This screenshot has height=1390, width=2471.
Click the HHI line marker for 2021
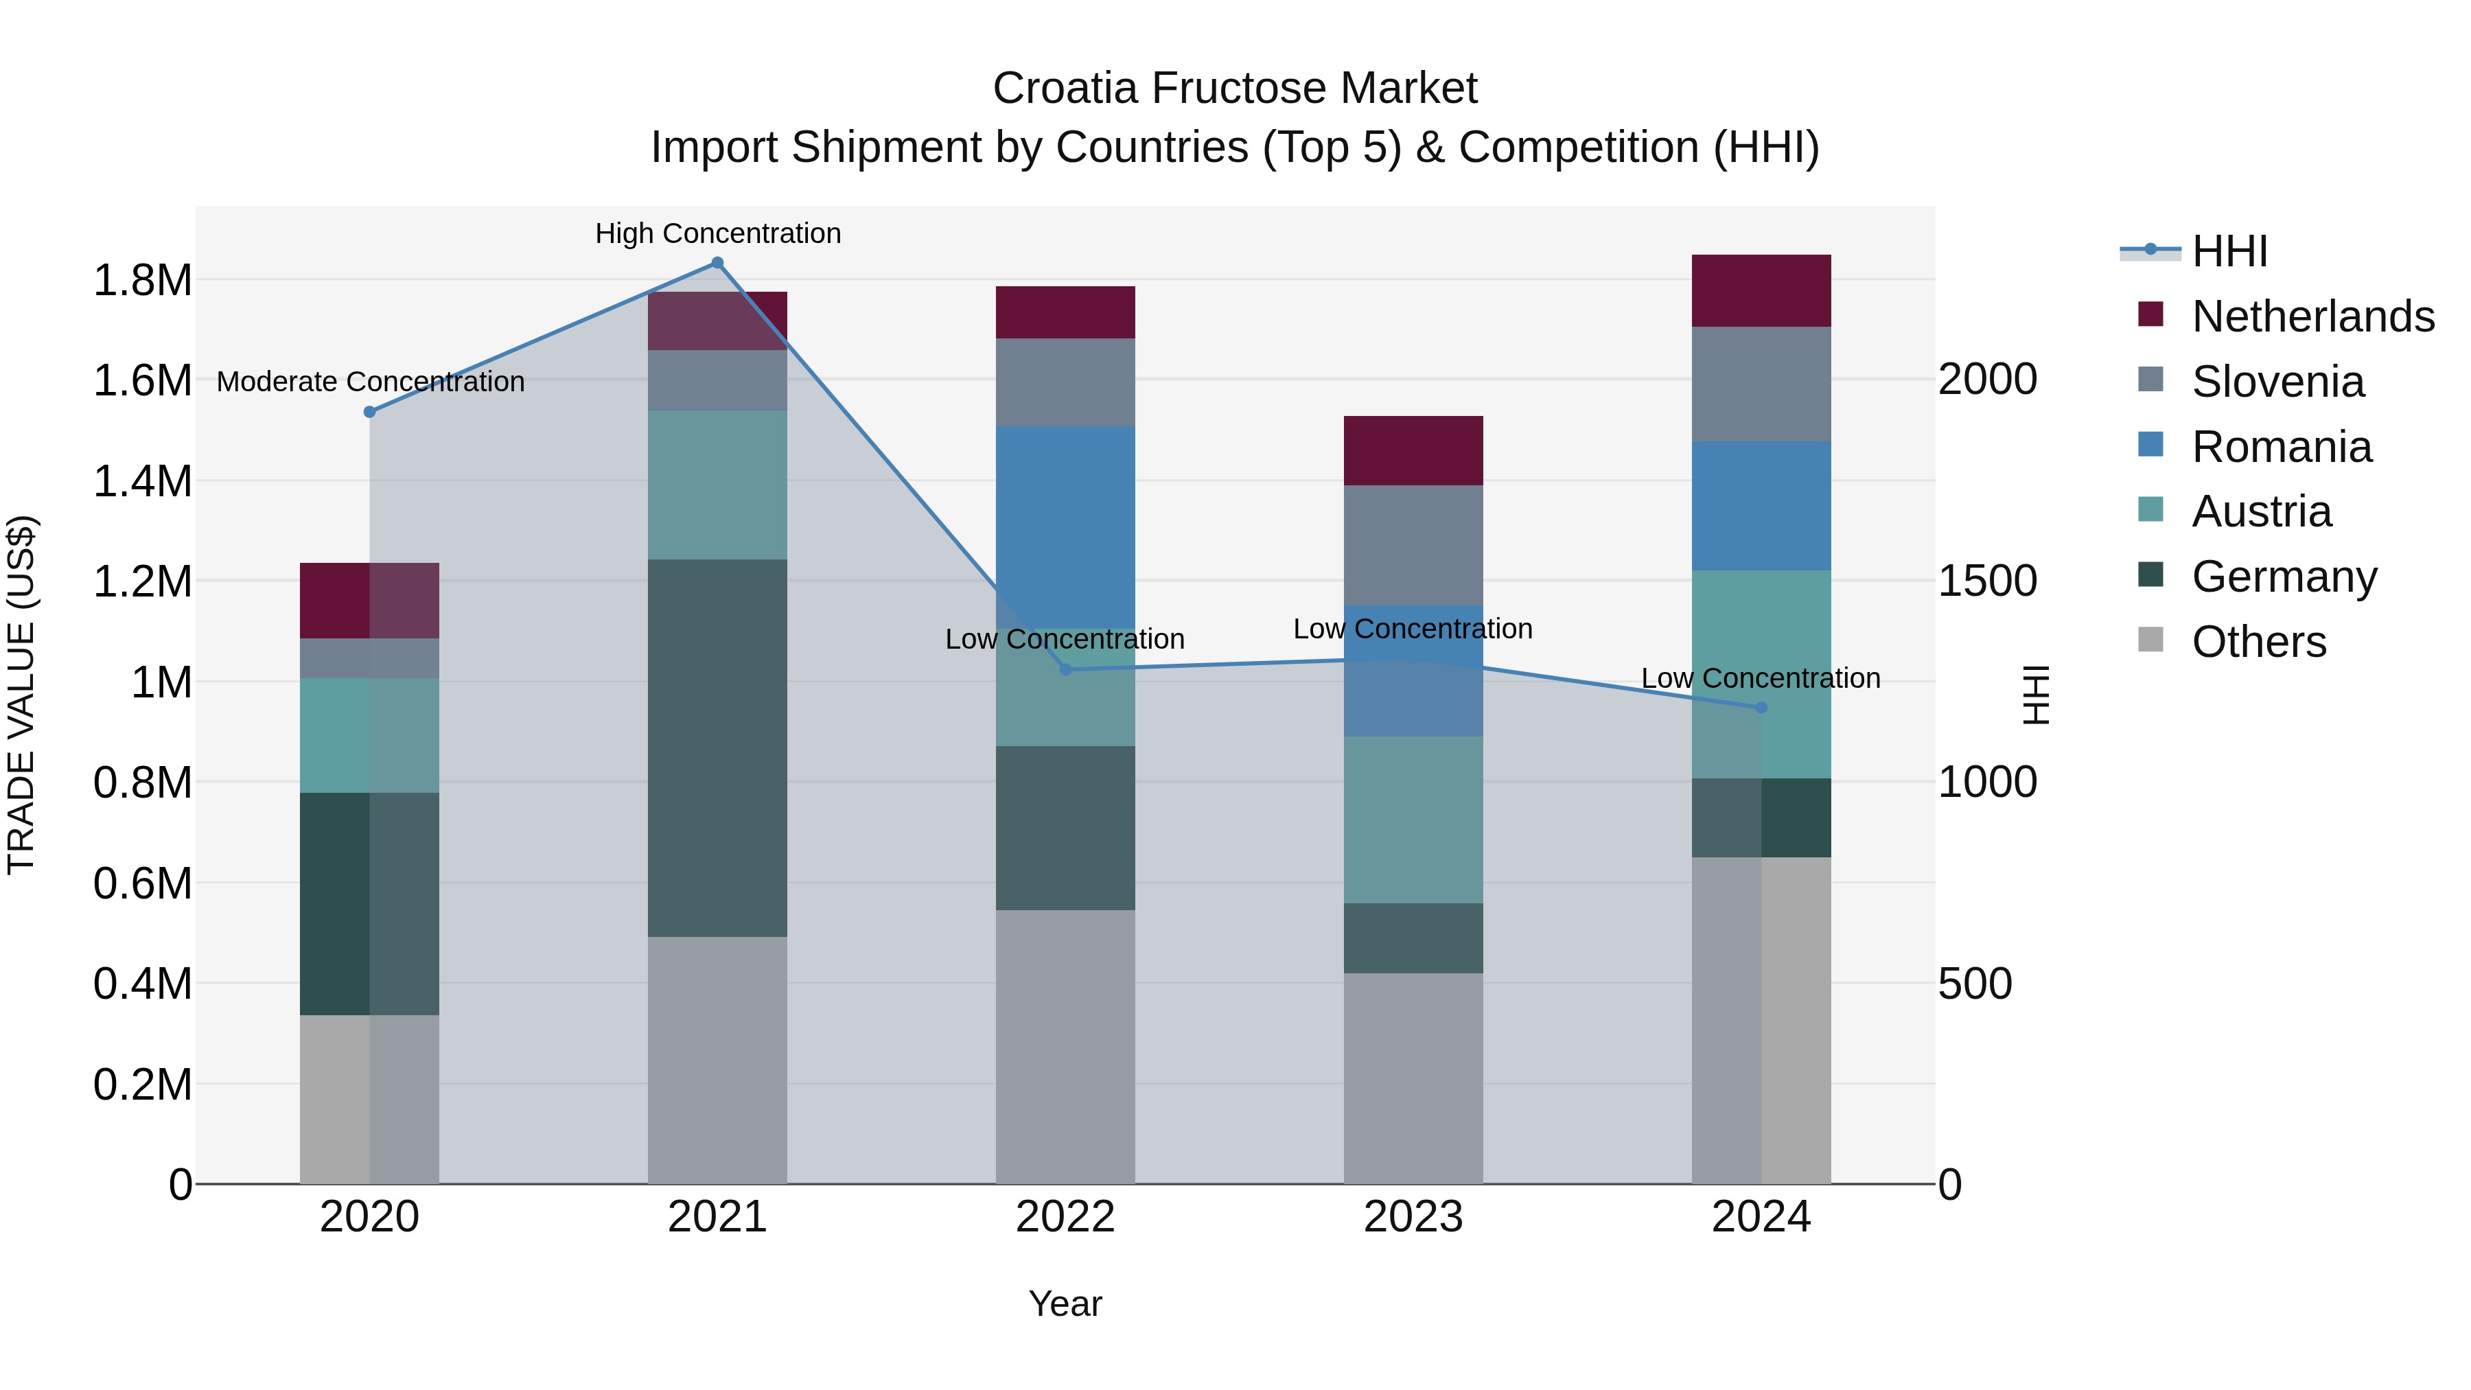[717, 263]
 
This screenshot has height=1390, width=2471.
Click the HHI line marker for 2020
[369, 412]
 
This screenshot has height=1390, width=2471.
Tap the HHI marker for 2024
[1761, 708]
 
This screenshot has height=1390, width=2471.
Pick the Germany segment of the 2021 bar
[717, 748]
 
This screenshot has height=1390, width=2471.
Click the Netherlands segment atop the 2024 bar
[1761, 290]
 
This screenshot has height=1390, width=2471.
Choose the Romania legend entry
[2281, 447]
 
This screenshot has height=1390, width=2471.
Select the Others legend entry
[2258, 642]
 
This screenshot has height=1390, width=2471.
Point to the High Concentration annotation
[717, 233]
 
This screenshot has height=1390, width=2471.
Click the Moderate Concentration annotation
[370, 382]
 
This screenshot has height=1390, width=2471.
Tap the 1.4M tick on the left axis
[142, 480]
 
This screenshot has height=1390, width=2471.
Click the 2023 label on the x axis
[1413, 1217]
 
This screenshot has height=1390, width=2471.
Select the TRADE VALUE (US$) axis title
[21, 695]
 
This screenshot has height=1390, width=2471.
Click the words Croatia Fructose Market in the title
[1235, 89]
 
